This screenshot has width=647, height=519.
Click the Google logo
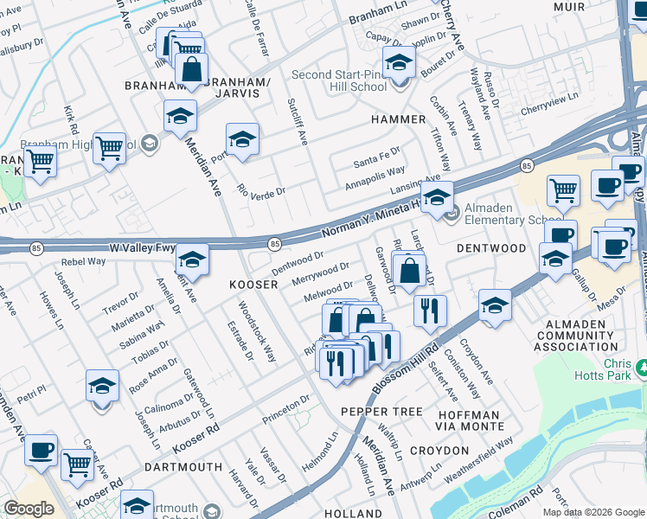[x=29, y=509]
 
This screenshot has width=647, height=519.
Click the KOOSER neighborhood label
[x=253, y=285]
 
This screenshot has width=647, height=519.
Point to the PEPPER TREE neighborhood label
[x=381, y=411]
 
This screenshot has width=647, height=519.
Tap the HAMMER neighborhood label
[x=398, y=119]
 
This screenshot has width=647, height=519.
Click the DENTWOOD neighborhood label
[x=491, y=248]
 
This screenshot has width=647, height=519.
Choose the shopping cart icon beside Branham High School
[x=108, y=149]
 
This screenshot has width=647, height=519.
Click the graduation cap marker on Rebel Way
[x=193, y=259]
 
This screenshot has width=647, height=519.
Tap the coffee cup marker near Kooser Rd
[x=42, y=450]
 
